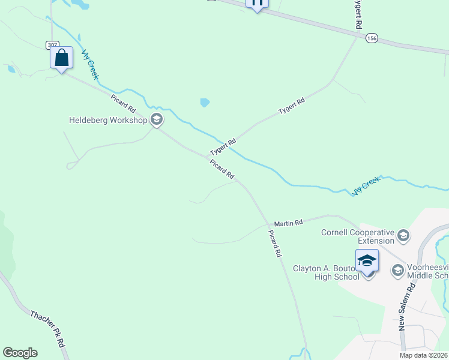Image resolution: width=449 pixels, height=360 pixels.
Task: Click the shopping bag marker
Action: pyautogui.click(x=61, y=58)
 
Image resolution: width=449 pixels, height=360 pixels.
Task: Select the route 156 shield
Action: pyautogui.click(x=372, y=38)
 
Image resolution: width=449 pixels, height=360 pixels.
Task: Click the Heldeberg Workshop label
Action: pyautogui.click(x=108, y=120)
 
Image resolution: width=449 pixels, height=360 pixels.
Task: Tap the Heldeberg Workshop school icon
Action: pyautogui.click(x=157, y=120)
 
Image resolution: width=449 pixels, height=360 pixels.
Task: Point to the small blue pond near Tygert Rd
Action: pyautogui.click(x=205, y=103)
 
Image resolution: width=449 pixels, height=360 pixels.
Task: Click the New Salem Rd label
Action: pyautogui.click(x=407, y=307)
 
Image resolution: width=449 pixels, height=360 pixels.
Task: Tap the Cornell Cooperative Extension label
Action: pyautogui.click(x=358, y=236)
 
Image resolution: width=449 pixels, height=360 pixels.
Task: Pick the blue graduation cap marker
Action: pyautogui.click(x=367, y=261)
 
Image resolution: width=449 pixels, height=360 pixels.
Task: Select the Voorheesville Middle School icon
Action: pyautogui.click(x=397, y=271)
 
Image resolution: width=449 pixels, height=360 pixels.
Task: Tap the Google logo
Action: pyautogui.click(x=20, y=353)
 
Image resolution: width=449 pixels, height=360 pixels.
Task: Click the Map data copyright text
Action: pyautogui.click(x=423, y=355)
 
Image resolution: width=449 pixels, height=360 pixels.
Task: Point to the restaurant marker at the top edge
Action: pyautogui.click(x=257, y=3)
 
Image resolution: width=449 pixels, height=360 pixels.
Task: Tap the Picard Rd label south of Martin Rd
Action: pyautogui.click(x=275, y=244)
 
